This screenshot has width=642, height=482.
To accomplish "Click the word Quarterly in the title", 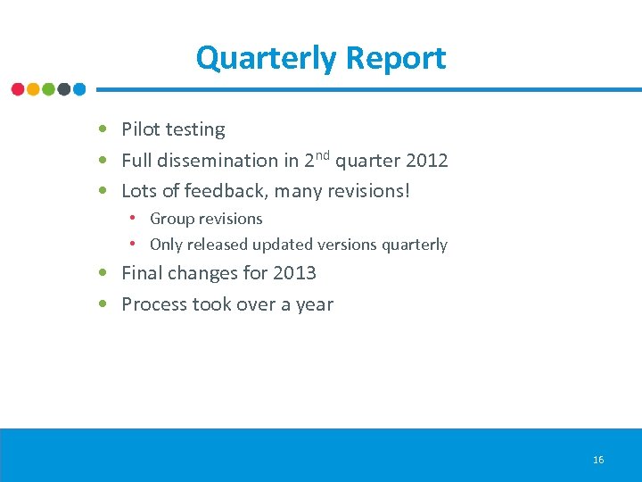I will tap(267, 58).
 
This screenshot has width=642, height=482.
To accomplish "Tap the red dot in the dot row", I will tap(18, 89).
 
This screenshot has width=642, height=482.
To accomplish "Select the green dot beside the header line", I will tap(48, 89).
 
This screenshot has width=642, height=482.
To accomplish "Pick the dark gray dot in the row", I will tap(64, 89).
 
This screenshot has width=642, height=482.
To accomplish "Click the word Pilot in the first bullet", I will tap(140, 129).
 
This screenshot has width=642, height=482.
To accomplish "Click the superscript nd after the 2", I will tap(324, 155).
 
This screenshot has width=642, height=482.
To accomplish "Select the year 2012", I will tap(426, 161).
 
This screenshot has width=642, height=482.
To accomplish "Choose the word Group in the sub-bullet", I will tap(171, 219).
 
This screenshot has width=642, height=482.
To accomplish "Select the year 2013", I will tap(295, 273).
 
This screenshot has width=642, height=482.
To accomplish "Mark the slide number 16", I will tap(598, 460).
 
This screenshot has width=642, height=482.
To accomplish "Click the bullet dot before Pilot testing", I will tap(104, 130).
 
